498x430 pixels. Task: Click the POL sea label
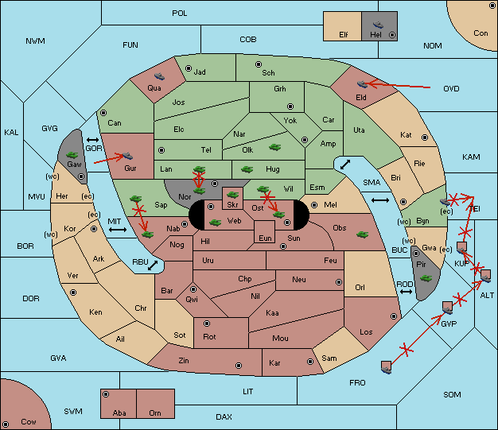click(x=180, y=14)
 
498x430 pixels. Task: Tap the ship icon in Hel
click(x=378, y=25)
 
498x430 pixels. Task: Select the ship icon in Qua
click(x=159, y=76)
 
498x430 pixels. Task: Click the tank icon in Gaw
click(x=72, y=155)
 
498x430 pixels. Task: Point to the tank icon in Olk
click(x=274, y=147)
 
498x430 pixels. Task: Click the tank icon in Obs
click(x=363, y=234)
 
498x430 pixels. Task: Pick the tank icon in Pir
click(x=426, y=278)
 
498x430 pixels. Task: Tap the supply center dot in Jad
click(x=189, y=68)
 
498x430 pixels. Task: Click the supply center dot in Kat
click(x=425, y=138)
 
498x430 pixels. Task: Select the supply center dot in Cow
click(x=6, y=424)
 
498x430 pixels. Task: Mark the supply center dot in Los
click(x=394, y=316)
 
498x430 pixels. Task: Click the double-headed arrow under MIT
click(x=118, y=230)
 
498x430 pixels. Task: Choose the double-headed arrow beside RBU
click(x=153, y=265)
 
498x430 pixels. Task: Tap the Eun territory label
click(x=265, y=238)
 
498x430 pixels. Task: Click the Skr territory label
click(x=232, y=205)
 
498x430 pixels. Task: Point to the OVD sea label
click(x=451, y=89)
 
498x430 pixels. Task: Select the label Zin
click(x=184, y=361)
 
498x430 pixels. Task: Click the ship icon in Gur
click(x=127, y=156)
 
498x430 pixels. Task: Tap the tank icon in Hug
click(x=247, y=169)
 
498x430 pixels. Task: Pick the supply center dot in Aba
click(x=106, y=394)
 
